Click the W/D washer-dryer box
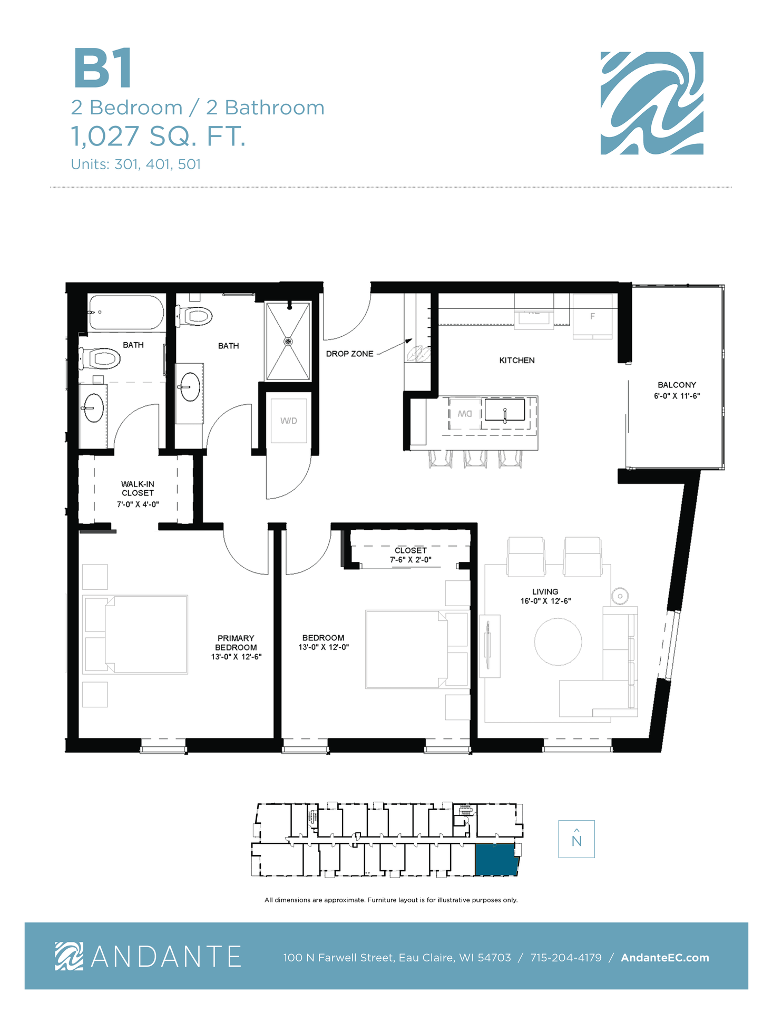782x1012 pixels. pyautogui.click(x=288, y=421)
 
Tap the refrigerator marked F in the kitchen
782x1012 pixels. pyautogui.click(x=592, y=316)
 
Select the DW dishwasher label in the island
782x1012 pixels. pyautogui.click(x=465, y=414)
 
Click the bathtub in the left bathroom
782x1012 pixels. pyautogui.click(x=126, y=313)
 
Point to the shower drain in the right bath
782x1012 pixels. pyautogui.click(x=288, y=342)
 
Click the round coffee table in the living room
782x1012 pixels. pyautogui.click(x=558, y=642)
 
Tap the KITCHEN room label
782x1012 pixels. pyautogui.click(x=517, y=361)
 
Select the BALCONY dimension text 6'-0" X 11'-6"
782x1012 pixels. pyautogui.click(x=677, y=396)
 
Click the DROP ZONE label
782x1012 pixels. pyautogui.click(x=349, y=354)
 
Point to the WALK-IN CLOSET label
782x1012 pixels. pyautogui.click(x=138, y=489)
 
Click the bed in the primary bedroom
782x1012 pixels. pyautogui.click(x=135, y=635)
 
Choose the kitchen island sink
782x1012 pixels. pyautogui.click(x=505, y=410)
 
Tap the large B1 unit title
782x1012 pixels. pyautogui.click(x=103, y=69)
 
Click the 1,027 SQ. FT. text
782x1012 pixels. pyautogui.click(x=158, y=136)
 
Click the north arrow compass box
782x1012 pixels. pyautogui.click(x=576, y=839)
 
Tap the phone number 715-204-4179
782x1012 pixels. pyautogui.click(x=566, y=958)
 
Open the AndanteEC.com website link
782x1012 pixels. pyautogui.click(x=665, y=958)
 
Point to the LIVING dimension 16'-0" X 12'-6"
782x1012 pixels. pyautogui.click(x=545, y=601)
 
